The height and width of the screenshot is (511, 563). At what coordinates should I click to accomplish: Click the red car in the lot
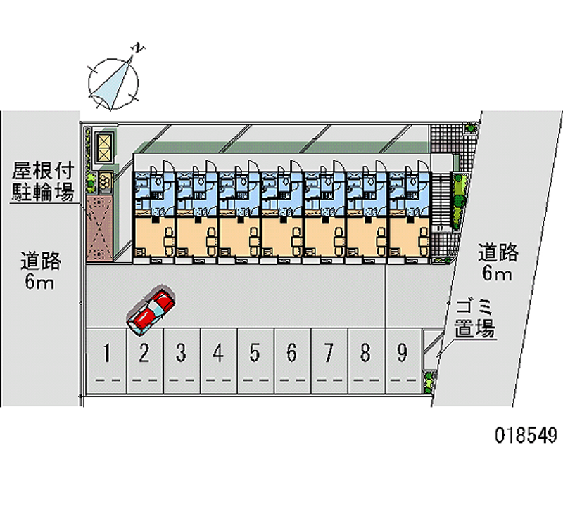(151, 310)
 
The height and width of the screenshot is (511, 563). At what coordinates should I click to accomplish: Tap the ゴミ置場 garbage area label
(474, 318)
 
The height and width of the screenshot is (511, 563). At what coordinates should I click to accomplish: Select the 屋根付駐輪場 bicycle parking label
(42, 181)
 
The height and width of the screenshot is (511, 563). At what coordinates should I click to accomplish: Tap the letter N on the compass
(140, 48)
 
